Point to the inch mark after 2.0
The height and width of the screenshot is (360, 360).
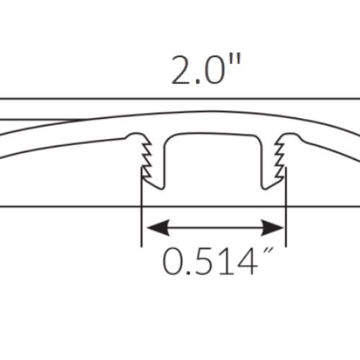pos(235,61)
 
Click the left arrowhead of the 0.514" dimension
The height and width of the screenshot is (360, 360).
pos(157,228)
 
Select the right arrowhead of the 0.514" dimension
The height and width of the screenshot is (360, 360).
pos(272,228)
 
